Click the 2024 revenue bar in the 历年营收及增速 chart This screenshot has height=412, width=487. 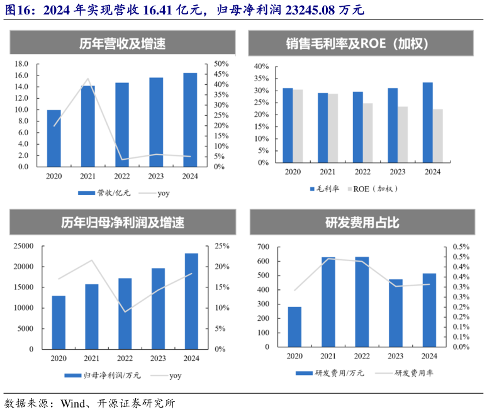(190, 120)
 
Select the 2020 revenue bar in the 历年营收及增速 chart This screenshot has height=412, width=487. (54, 138)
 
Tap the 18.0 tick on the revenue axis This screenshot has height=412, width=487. (21, 64)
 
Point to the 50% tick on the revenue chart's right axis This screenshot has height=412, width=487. (221, 64)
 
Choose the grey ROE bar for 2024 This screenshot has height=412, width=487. (437, 136)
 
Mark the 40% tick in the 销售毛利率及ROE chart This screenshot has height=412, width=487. (260, 67)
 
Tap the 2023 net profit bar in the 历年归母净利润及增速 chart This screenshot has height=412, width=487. (158, 308)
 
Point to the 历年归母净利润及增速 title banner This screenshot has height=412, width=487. (122, 223)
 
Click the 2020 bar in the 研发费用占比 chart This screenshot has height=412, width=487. (294, 326)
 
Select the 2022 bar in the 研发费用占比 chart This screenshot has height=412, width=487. (362, 301)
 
